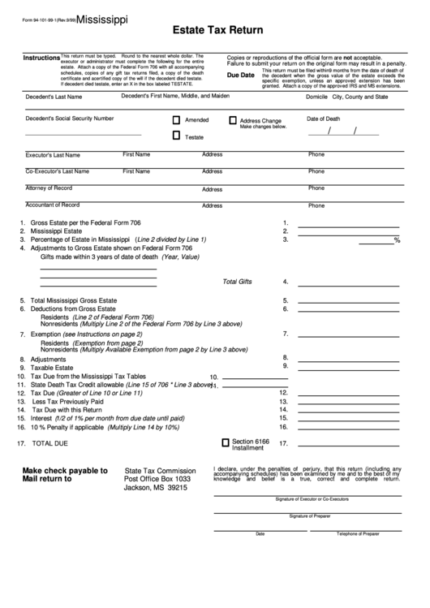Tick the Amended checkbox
(x=177, y=120)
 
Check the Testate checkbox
(x=177, y=136)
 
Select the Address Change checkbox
(x=233, y=120)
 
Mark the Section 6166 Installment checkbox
(x=226, y=442)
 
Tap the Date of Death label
(x=323, y=119)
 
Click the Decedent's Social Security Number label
(x=70, y=118)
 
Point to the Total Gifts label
(x=238, y=282)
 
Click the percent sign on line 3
(x=397, y=240)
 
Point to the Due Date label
(x=241, y=75)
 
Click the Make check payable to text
(x=65, y=470)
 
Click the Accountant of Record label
(x=53, y=205)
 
